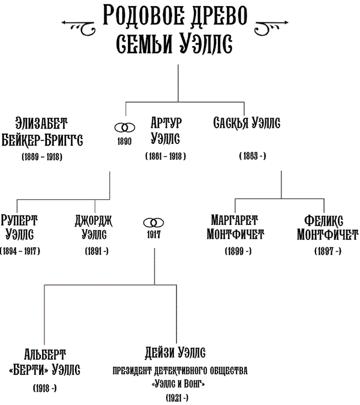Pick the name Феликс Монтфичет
coord(328,226)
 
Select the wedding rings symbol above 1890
coord(124,128)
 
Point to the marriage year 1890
coord(124,142)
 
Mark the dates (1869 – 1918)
coord(41,157)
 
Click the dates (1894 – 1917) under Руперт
coord(22,251)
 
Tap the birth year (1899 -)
coord(238,251)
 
